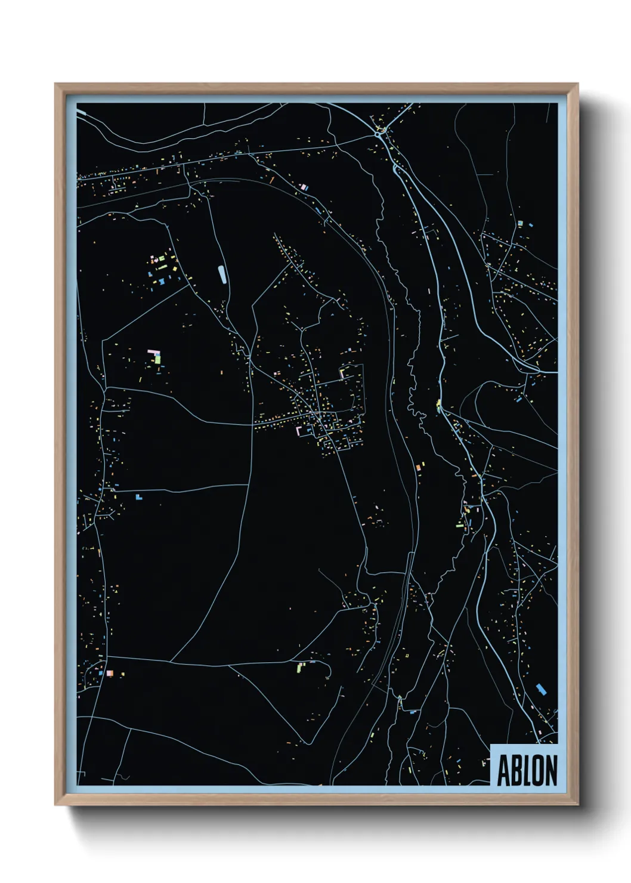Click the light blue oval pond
click(x=222, y=274)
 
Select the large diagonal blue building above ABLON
click(x=541, y=690)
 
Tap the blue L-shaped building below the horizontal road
click(x=139, y=496)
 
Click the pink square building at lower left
click(x=109, y=673)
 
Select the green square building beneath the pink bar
click(x=157, y=359)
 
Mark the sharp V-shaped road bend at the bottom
click(x=308, y=743)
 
